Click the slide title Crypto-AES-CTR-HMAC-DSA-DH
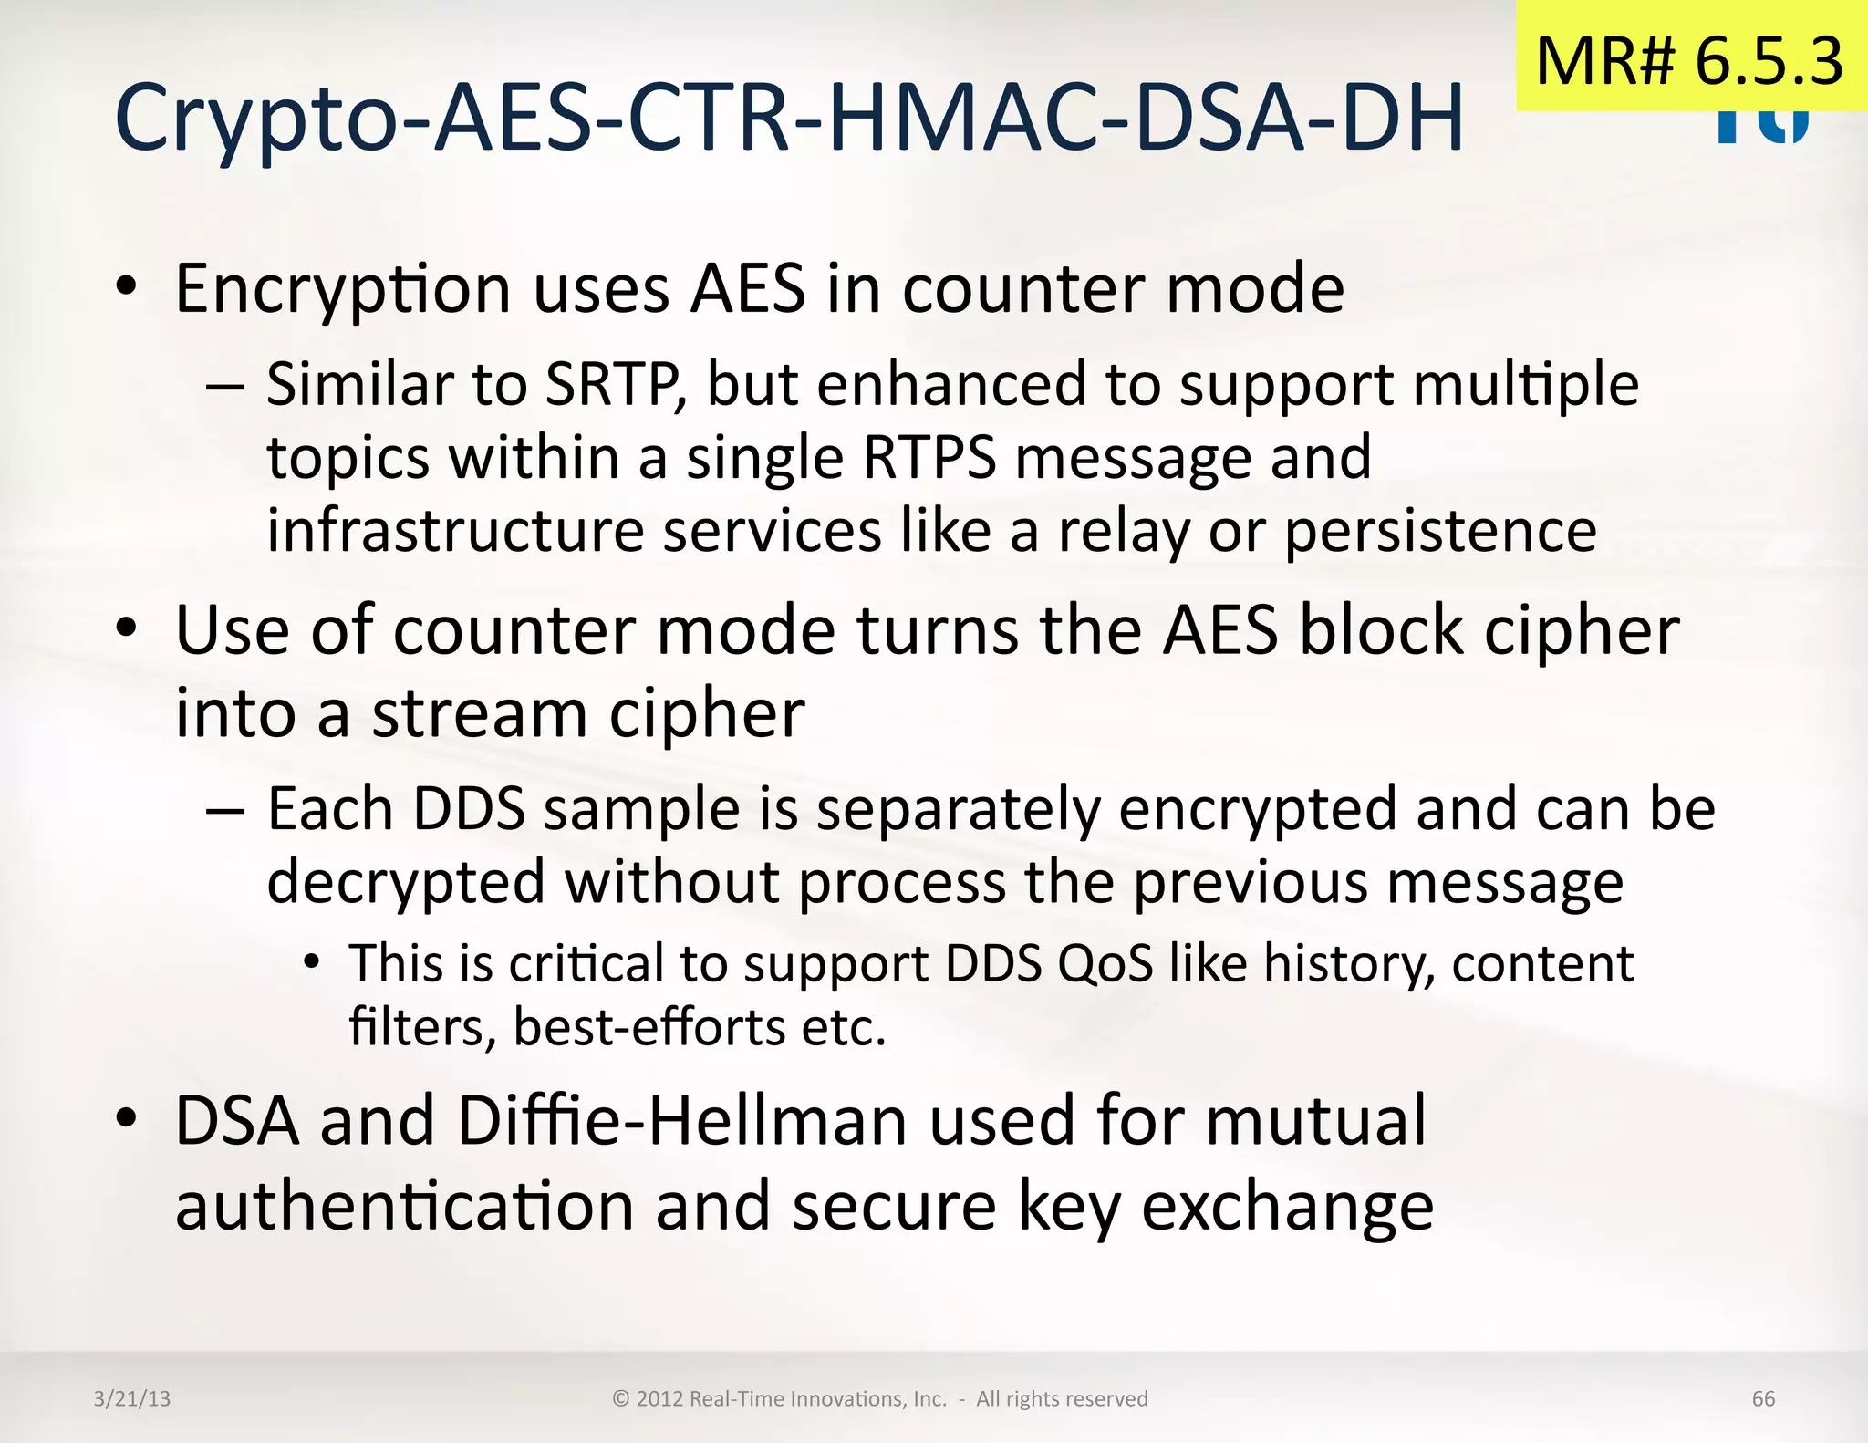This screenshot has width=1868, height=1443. point(789,119)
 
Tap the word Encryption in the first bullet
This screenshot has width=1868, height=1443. point(342,290)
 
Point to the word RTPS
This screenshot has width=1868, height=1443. point(929,458)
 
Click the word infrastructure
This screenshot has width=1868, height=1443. point(455,531)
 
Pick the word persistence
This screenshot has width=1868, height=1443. point(1440,533)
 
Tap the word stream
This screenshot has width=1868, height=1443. point(479,713)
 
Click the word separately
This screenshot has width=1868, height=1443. point(958,810)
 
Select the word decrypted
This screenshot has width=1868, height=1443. point(406,883)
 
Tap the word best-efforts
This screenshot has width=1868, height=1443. point(649,1028)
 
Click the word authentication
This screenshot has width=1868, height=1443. point(404,1207)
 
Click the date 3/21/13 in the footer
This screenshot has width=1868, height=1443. point(132,1399)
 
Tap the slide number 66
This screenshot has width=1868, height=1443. point(1763,1399)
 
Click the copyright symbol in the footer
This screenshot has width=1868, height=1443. point(621,1399)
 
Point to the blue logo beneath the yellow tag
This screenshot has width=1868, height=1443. point(1762,127)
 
